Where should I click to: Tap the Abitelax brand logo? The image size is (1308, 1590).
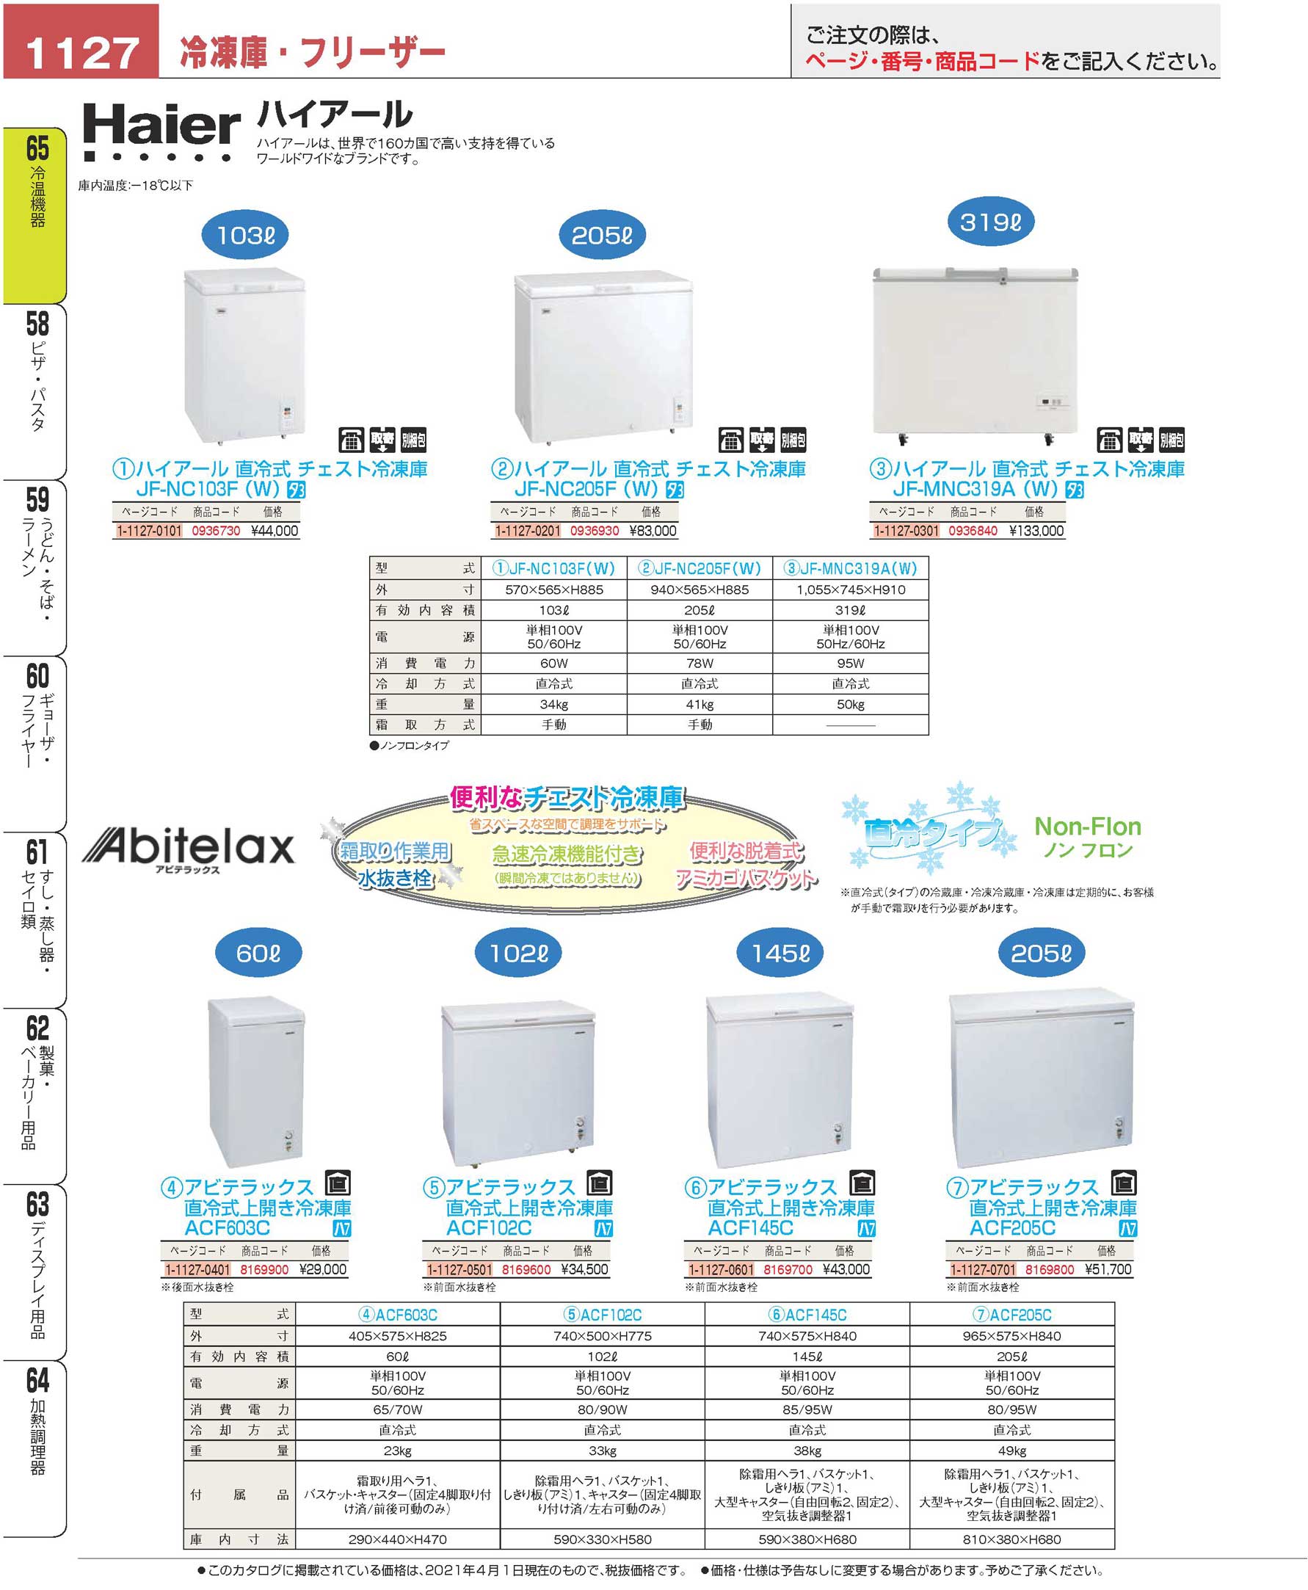188,848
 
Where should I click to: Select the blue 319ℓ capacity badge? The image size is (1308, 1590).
990,222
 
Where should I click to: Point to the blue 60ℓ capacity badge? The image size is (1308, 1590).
258,954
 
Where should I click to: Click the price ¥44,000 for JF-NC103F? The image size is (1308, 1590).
275,531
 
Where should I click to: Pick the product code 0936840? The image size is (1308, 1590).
973,531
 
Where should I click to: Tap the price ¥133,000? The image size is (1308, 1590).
1036,531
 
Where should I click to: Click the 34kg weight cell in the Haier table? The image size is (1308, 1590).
553,704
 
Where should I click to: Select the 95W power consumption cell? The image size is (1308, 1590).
851,663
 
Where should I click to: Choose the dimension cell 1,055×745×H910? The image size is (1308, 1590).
851,589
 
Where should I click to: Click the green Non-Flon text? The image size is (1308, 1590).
1087,827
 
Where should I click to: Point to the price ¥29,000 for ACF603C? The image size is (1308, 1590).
322,1269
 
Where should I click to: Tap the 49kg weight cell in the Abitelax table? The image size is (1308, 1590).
1012,1451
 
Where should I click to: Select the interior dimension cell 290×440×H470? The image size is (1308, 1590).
397,1539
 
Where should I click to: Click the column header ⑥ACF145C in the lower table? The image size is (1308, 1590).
807,1315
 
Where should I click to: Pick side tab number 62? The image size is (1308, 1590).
37,1028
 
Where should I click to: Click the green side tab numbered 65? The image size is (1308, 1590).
37,148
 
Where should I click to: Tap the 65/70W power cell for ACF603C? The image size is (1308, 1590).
397,1409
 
